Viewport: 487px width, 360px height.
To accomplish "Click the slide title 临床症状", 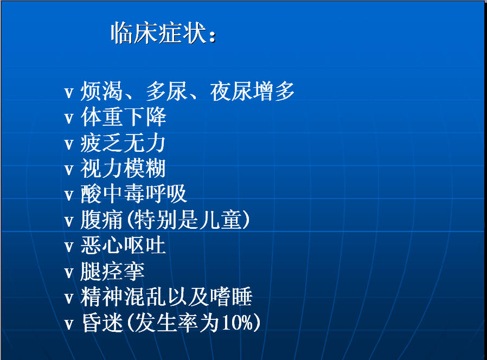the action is click(159, 33).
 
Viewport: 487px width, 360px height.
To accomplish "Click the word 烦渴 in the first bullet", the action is click(101, 91).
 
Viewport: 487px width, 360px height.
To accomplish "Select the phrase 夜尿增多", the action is click(252, 91).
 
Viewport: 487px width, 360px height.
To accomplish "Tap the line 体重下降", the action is click(123, 117).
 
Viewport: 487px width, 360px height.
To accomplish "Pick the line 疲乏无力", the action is click(123, 143).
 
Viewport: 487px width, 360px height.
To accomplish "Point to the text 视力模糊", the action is click(123, 169).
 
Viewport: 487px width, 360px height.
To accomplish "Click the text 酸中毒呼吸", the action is click(133, 194).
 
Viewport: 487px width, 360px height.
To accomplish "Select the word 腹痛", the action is click(101, 220).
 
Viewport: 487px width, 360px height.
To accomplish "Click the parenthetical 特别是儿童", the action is click(188, 220).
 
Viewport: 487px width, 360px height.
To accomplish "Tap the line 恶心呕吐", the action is click(123, 246).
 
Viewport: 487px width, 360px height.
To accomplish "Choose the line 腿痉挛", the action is click(112, 272).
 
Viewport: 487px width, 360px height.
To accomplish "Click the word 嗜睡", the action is click(232, 297).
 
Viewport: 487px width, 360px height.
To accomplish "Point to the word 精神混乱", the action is click(123, 297).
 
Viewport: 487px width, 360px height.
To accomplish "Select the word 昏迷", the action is click(102, 323).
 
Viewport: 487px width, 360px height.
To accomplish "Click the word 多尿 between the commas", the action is click(166, 91).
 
